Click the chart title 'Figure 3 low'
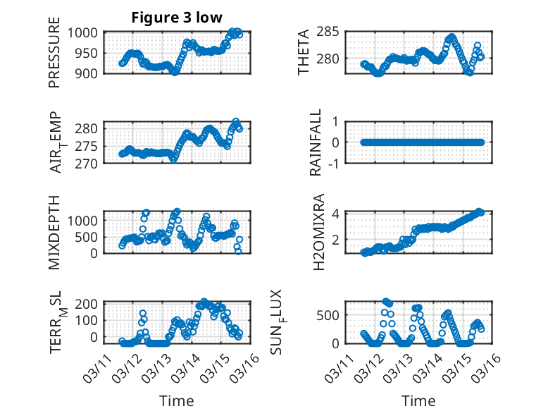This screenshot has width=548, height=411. [x=177, y=18]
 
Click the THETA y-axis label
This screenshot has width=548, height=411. [x=304, y=52]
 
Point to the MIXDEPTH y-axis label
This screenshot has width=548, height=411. [x=54, y=233]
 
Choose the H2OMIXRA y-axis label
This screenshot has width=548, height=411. [x=318, y=232]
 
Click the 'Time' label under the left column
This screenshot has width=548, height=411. [x=177, y=400]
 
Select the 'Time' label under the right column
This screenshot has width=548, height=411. [x=418, y=400]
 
